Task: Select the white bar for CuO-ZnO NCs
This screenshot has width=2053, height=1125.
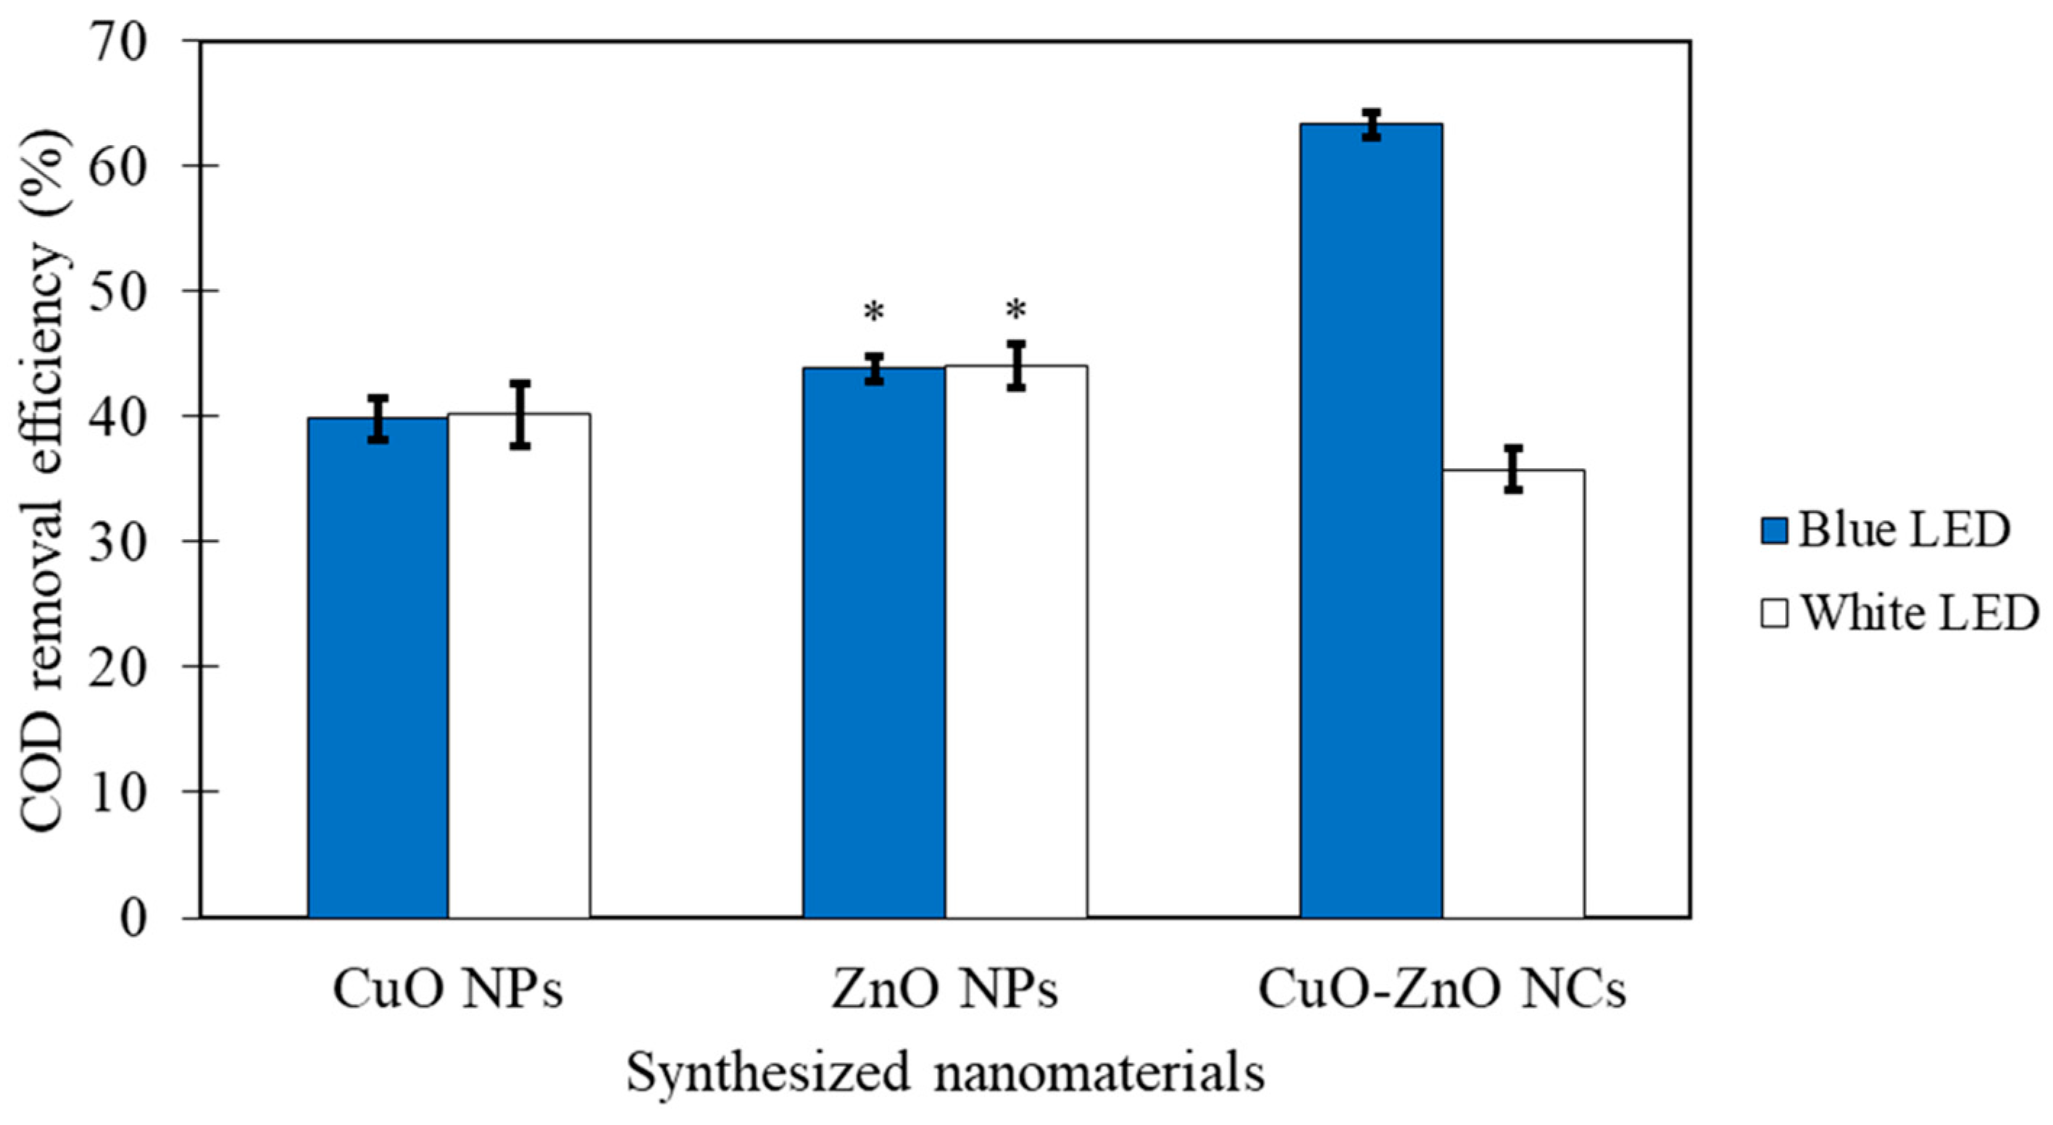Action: [1512, 693]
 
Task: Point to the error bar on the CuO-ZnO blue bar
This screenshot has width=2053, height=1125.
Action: [1371, 125]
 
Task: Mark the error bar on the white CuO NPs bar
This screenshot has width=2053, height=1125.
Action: [520, 414]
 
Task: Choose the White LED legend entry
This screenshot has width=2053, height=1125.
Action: [1900, 614]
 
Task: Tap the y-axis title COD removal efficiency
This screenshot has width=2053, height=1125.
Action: [43, 478]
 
